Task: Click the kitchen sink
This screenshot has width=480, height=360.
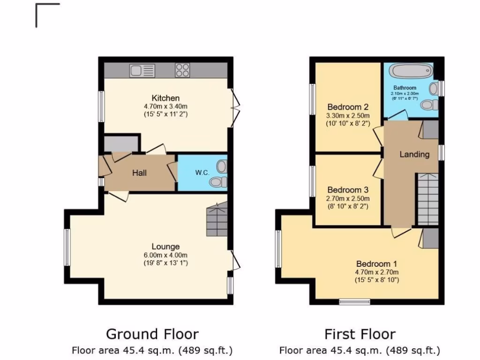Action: tap(142, 71)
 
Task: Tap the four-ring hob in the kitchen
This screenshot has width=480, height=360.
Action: tap(182, 71)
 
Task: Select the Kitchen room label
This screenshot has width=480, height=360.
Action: tap(165, 98)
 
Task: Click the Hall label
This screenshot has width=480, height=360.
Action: tap(139, 173)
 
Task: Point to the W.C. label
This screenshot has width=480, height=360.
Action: tap(202, 172)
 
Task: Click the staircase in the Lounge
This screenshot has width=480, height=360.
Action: tap(216, 219)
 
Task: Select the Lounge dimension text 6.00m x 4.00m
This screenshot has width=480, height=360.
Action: tap(165, 255)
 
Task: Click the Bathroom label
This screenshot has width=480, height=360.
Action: tap(405, 88)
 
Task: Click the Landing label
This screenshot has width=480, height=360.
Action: tap(414, 154)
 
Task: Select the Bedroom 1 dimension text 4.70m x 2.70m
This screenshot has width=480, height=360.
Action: tap(376, 272)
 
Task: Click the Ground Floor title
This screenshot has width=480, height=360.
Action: tap(152, 334)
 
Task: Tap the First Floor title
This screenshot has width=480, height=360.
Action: tap(360, 334)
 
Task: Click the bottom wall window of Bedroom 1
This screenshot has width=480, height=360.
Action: tap(355, 301)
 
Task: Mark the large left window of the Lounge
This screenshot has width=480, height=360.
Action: tap(67, 247)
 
